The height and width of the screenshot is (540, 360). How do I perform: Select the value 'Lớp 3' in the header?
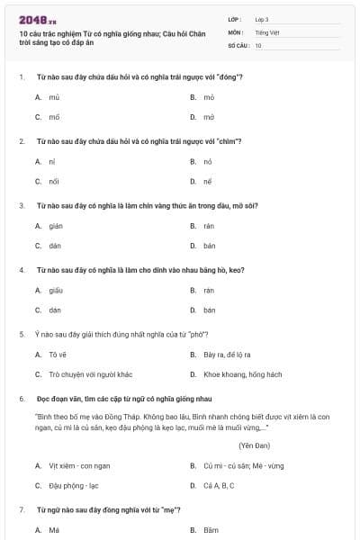(x=262, y=18)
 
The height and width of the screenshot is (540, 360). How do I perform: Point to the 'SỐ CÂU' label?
(x=238, y=44)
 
